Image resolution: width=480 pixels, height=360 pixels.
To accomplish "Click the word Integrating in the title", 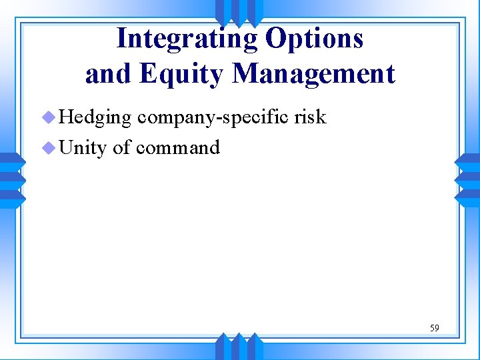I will (187, 39).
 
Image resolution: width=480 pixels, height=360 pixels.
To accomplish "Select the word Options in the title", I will (315, 39).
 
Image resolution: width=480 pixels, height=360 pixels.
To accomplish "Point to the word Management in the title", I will (313, 74).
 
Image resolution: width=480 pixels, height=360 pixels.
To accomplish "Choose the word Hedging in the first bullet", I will (95, 117).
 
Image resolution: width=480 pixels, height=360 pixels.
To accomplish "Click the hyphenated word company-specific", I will (213, 117).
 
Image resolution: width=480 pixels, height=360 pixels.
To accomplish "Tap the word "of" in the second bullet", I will (121, 147).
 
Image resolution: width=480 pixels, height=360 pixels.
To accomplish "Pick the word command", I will (177, 147).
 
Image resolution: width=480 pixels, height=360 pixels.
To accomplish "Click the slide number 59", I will (434, 328).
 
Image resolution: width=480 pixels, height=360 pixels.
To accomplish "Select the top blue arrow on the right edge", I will (467, 161).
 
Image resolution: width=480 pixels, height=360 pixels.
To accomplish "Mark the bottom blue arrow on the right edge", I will (467, 197).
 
